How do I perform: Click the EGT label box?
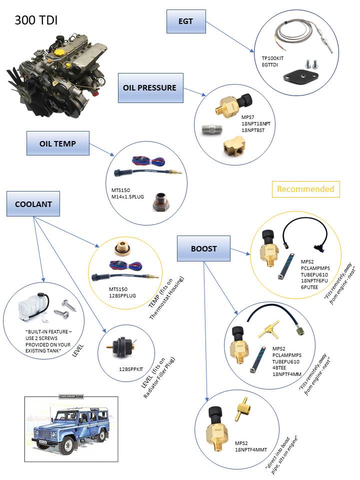tap(185, 21)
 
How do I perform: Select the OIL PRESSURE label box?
tap(149, 87)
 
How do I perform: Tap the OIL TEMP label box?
tap(57, 143)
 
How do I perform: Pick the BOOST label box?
tap(203, 248)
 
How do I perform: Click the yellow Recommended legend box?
tap(305, 189)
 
